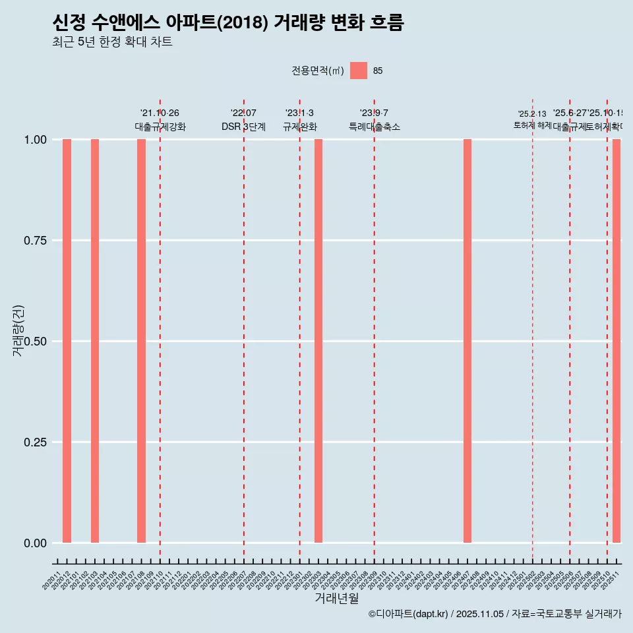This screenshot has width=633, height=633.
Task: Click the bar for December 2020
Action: (x=67, y=341)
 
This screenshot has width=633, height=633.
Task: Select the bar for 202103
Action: (x=95, y=341)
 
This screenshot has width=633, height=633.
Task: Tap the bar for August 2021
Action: (x=141, y=341)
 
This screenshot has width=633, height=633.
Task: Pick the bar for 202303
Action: (x=318, y=341)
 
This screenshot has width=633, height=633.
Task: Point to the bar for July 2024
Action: (x=467, y=341)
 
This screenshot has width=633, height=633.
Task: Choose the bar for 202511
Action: (x=617, y=341)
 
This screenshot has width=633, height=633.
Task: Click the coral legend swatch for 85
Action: (x=359, y=71)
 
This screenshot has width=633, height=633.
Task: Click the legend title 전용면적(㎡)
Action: (x=318, y=71)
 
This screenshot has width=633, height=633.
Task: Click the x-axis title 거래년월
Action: (x=336, y=599)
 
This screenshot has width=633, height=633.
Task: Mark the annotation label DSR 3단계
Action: (x=243, y=127)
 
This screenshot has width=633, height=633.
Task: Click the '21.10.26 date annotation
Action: (x=160, y=113)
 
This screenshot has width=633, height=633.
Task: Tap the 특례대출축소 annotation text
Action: (x=375, y=127)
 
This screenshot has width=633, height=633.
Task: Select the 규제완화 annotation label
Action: (x=300, y=127)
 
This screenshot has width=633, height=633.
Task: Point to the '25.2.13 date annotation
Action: (x=532, y=114)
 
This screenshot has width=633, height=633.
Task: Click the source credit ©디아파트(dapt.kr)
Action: (x=408, y=614)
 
